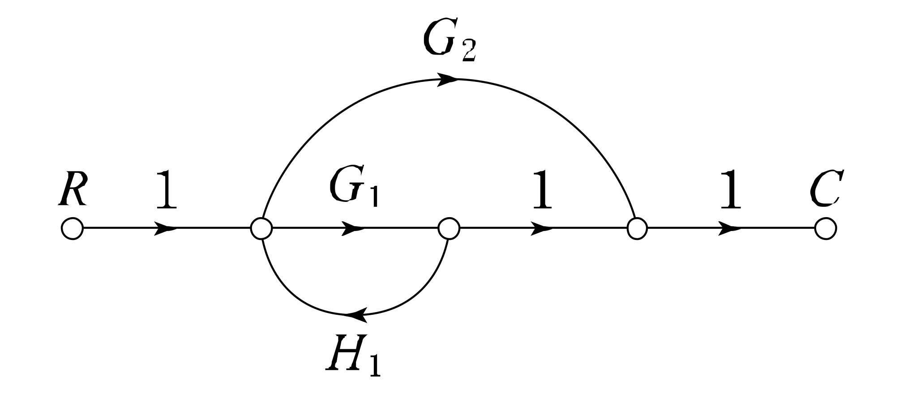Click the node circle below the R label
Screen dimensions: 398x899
coord(72,229)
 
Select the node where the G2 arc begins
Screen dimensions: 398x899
coord(261,229)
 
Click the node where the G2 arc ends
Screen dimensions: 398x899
coord(637,229)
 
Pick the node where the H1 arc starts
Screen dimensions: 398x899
coord(449,229)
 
